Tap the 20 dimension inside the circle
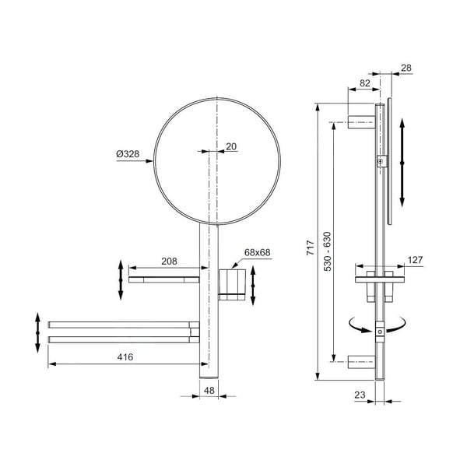tap(231, 146)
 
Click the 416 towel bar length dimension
tap(125, 356)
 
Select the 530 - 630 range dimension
tap(326, 249)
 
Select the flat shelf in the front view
tap(164, 279)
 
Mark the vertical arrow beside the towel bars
tap(38, 332)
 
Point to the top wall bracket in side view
tap(360, 121)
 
